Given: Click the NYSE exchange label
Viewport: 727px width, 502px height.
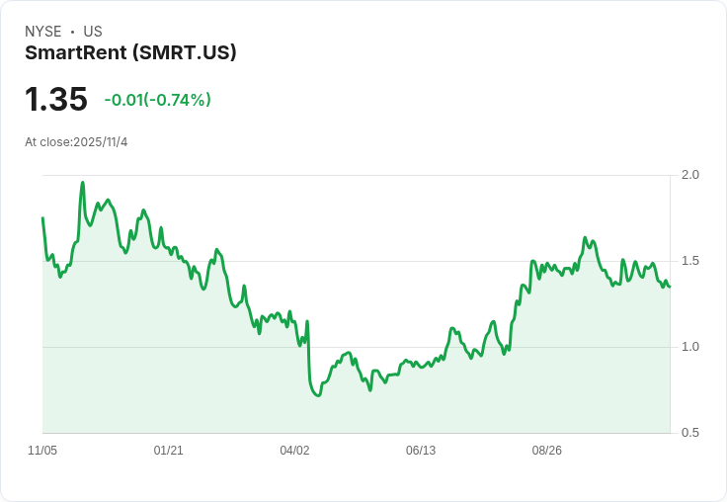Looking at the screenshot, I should [42, 32].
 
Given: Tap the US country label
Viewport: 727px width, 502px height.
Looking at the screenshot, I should [93, 32].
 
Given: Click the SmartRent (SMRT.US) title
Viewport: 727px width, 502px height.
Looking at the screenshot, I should [130, 53].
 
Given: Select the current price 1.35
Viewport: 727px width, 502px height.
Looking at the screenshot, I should [56, 99].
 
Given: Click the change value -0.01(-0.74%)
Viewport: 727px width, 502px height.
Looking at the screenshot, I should [157, 100].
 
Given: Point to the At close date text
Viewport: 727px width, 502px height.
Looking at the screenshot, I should [76, 142].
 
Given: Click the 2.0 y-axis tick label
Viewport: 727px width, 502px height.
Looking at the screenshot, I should [690, 175].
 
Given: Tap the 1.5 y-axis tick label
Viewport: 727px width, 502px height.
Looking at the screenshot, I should [690, 261].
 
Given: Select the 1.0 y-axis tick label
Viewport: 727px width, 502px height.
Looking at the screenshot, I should [690, 347].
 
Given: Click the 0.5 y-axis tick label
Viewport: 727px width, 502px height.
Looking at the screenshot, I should [690, 433].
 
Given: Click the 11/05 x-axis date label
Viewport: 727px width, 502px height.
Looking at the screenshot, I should [42, 451].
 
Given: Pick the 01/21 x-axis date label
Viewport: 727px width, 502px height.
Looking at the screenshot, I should [169, 451].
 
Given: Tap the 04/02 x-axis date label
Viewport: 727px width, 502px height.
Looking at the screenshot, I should [294, 451].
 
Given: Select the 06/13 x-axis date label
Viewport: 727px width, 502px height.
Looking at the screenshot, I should [421, 451].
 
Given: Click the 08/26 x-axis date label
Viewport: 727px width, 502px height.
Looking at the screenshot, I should [546, 451].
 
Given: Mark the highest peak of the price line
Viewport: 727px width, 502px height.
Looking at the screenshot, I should [82, 182].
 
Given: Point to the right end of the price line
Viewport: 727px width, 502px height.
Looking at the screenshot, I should [669, 287].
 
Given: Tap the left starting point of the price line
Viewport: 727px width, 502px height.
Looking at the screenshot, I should [42, 218].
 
